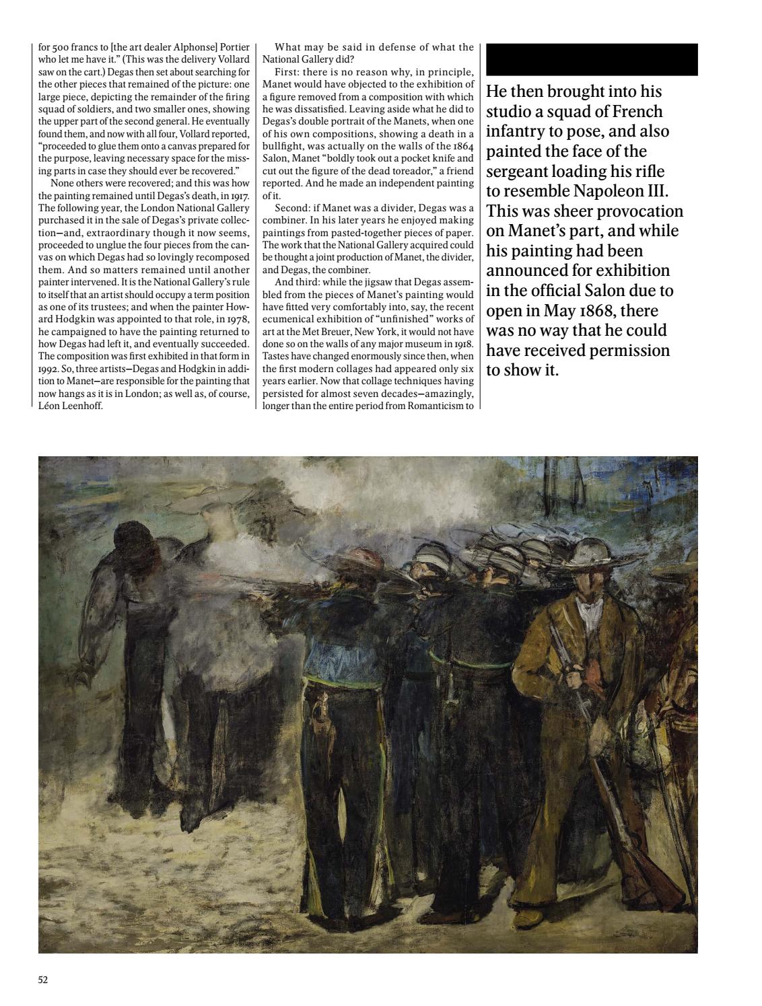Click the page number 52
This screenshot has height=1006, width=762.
[x=43, y=980]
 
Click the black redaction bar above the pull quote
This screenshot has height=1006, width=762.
[x=591, y=59]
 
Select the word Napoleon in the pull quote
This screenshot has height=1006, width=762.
[x=609, y=191]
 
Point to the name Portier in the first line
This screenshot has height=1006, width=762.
[x=233, y=47]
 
